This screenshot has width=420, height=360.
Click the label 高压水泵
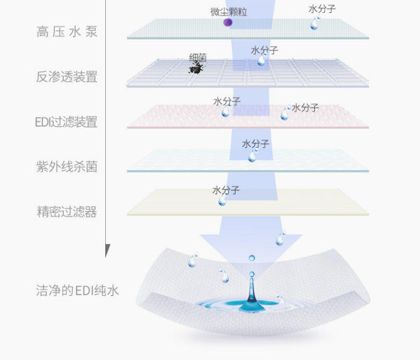[67, 32]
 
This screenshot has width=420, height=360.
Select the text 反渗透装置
[67, 77]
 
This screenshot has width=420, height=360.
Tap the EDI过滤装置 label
[66, 121]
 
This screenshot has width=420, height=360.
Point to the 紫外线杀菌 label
[67, 166]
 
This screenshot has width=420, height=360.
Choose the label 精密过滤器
[67, 212]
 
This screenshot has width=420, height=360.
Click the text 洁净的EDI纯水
[77, 291]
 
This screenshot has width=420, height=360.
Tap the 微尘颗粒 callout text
[228, 11]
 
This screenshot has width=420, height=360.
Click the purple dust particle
[228, 22]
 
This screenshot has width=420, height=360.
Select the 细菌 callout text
[198, 57]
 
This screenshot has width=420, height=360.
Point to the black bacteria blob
[195, 68]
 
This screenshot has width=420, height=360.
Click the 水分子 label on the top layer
[322, 10]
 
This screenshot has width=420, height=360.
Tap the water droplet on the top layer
[316, 23]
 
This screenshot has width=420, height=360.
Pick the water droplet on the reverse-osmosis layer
[262, 60]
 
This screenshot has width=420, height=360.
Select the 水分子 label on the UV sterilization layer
[256, 144]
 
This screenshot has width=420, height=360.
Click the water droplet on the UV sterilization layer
[253, 156]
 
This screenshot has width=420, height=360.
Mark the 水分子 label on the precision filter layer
[226, 190]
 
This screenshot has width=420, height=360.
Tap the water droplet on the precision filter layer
[222, 200]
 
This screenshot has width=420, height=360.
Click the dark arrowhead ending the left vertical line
[108, 250]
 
